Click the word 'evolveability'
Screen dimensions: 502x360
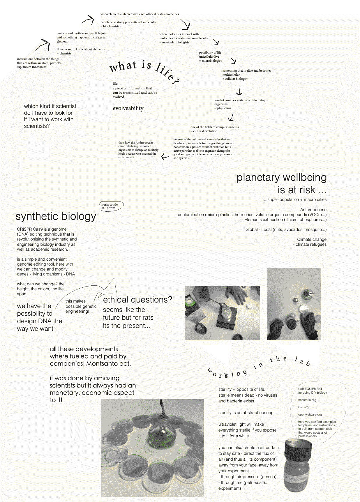coord(128,108)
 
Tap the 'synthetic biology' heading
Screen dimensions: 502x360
coord(56,217)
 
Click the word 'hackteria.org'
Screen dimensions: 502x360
coord(307,400)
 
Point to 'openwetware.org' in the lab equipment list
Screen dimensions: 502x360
coord(310,415)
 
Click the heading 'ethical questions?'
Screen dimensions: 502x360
coord(137,300)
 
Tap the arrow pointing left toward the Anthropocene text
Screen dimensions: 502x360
coord(165,157)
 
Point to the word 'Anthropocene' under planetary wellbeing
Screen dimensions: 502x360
coord(313,210)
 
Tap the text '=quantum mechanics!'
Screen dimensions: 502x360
coord(32,67)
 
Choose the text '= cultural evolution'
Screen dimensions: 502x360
coord(204,131)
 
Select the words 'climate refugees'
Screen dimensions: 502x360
coord(311,244)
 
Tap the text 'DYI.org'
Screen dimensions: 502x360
coord(303,407)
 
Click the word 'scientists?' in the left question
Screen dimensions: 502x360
coord(37,126)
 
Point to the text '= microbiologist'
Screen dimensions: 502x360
coord(210,61)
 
